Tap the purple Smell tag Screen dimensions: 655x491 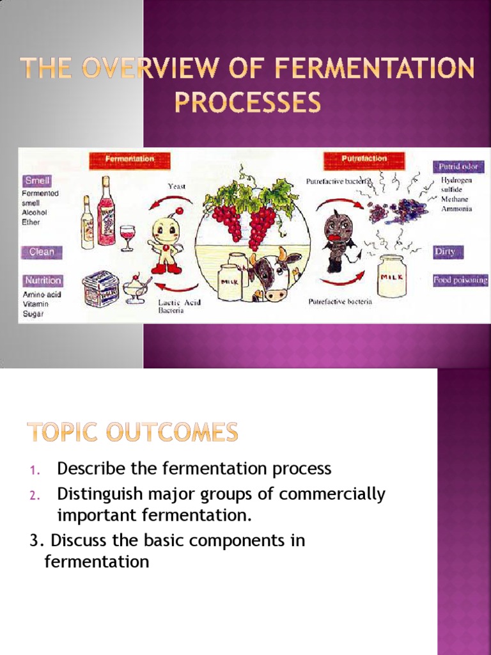[x=38, y=181]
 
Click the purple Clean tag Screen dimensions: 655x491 [x=42, y=252]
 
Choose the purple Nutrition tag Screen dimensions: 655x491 [x=43, y=280]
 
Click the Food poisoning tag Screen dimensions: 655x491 [x=460, y=280]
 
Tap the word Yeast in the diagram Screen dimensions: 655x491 [x=177, y=186]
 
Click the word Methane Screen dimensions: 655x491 [x=454, y=200]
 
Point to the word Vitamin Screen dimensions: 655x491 [x=35, y=304]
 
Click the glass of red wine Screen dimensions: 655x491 [x=127, y=237]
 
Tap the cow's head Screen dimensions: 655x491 [x=274, y=275]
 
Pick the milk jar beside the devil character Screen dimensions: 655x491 [x=392, y=276]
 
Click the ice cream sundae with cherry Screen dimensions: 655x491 [x=136, y=290]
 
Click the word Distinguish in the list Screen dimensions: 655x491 [x=96, y=494]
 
